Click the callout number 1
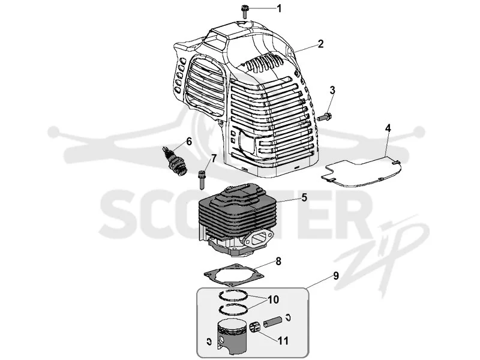pos(279,8)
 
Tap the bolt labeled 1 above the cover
pos(244,11)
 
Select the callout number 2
pos(320,43)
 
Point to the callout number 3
pos(332,91)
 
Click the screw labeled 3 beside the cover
pos(325,117)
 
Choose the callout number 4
pos(388,128)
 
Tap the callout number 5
pos(304,197)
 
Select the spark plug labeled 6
pos(175,161)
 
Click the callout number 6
pos(189,142)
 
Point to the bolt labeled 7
pos(202,180)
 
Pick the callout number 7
pos(214,158)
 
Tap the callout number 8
pos(278,262)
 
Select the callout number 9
pos(336,276)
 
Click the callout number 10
pos(274,299)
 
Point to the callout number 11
pos(283,340)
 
